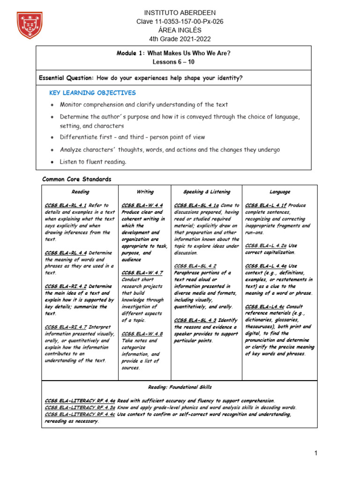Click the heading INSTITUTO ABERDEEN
pos(173,13)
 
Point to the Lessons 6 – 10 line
pos(173,62)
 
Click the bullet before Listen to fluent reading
pos(51,162)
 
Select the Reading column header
pos(80,192)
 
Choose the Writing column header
pos(145,192)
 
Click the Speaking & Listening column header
pos(207,192)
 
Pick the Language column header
pos(280,192)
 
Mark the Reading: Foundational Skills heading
pos(180,387)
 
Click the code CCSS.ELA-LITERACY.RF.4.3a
pos(80,408)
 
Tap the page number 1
pos(316,453)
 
